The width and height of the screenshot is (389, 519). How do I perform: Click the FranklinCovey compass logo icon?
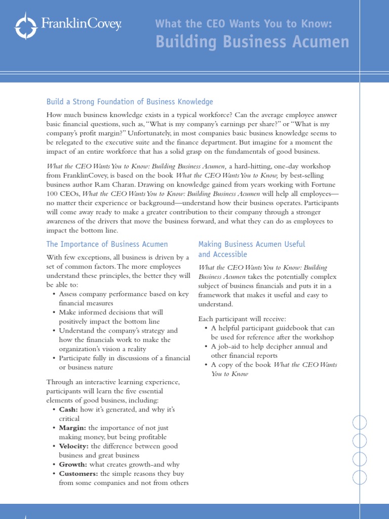point(26,25)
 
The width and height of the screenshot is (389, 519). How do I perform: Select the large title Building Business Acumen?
point(252,43)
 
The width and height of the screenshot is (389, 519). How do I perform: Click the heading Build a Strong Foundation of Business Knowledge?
point(130,102)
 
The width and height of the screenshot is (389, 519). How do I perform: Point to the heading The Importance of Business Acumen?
point(107,244)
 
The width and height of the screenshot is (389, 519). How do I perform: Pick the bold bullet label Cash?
point(67,409)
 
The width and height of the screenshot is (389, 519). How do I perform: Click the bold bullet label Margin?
point(72,428)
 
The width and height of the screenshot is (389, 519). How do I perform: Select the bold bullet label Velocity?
point(73,446)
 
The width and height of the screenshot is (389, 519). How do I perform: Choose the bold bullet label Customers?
point(79,473)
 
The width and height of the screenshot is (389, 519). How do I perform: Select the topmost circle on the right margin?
point(359,422)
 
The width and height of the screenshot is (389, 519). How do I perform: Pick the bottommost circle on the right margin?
point(359,476)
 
